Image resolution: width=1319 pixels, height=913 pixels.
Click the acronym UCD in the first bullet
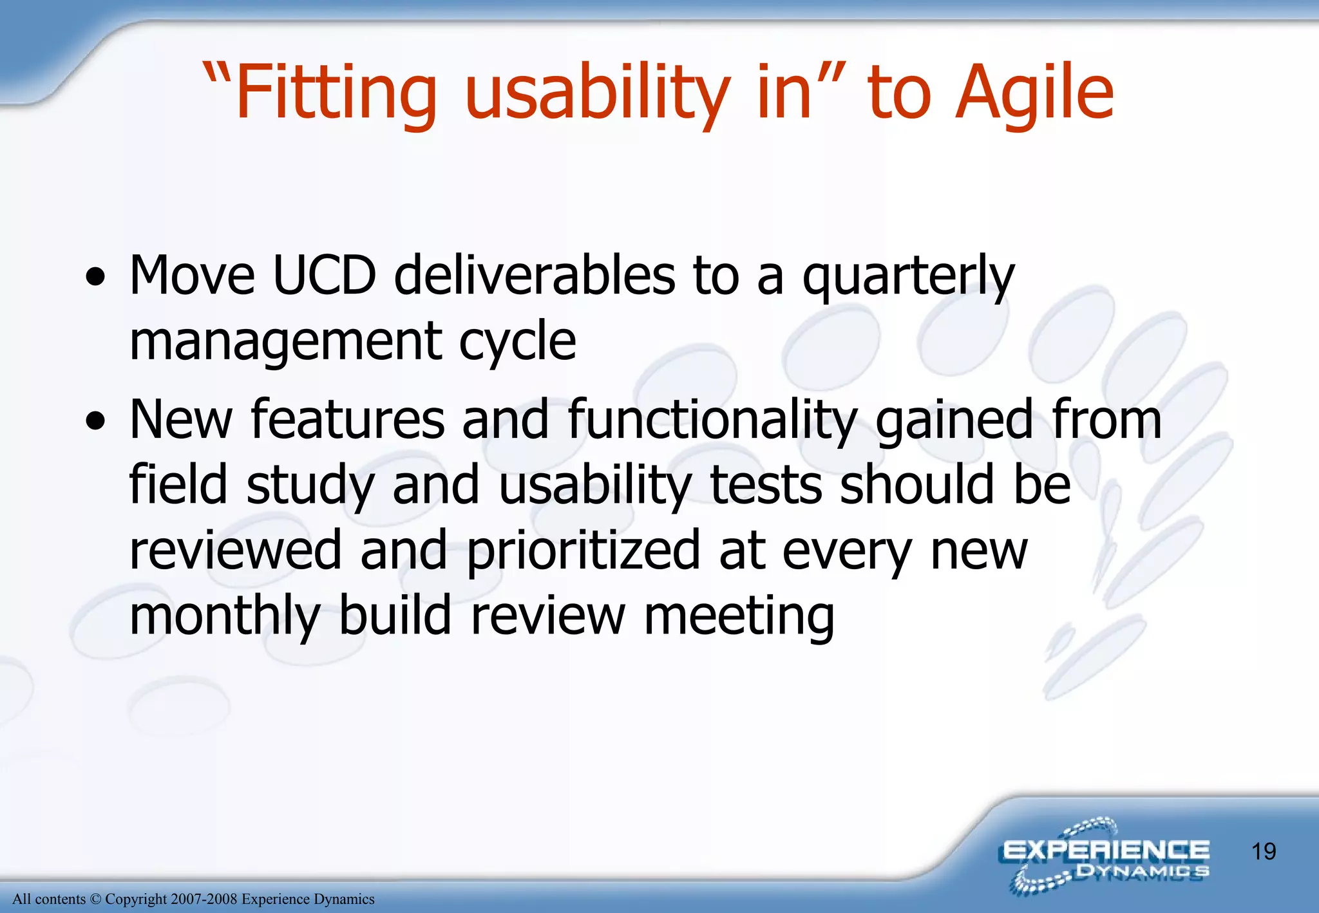pyautogui.click(x=324, y=276)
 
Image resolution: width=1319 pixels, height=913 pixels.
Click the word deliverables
pyautogui.click(x=534, y=276)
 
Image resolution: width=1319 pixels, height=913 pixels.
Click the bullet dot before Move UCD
pyautogui.click(x=95, y=278)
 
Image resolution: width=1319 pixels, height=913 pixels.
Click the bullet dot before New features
pyautogui.click(x=95, y=422)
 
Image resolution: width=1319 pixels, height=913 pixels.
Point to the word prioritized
pyautogui.click(x=583, y=551)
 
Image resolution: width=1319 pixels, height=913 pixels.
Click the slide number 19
pyautogui.click(x=1264, y=851)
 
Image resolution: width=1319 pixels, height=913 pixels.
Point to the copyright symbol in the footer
pyautogui.click(x=95, y=899)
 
